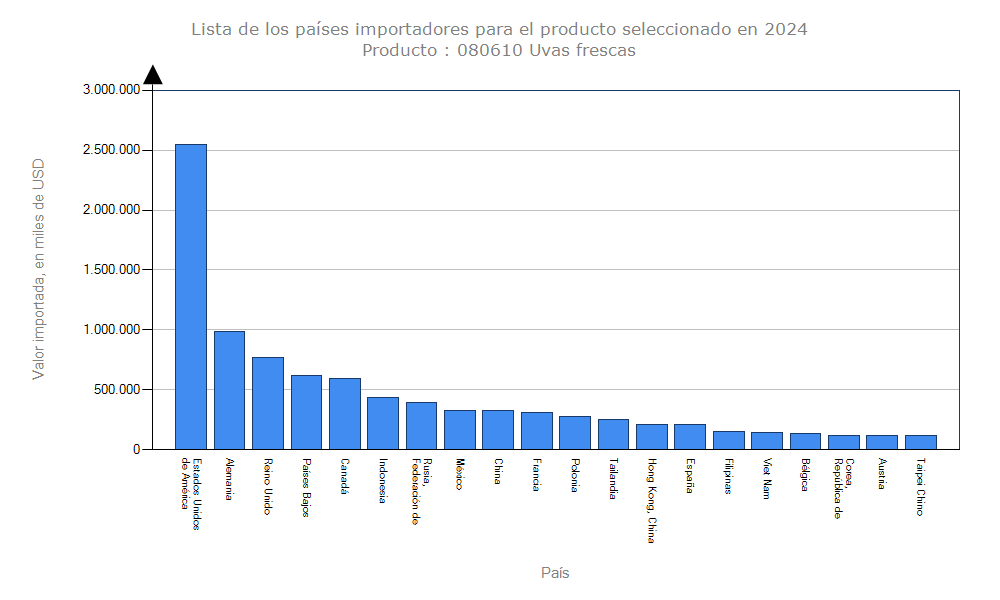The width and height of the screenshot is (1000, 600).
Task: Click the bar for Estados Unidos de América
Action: coord(191,297)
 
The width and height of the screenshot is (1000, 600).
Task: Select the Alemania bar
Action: coord(229,390)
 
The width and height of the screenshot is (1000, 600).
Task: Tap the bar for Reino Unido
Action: coord(267,403)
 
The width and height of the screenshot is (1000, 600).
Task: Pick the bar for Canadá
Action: coord(344,414)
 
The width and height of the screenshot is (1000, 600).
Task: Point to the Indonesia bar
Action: coord(382,423)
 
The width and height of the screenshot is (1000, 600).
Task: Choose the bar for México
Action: coord(459,430)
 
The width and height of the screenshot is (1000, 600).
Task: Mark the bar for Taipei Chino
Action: coord(920,442)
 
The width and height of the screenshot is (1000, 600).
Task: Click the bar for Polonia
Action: coord(574,433)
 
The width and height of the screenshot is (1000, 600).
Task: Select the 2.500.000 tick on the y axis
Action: coord(111,150)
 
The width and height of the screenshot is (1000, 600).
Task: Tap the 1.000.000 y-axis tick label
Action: coord(111,330)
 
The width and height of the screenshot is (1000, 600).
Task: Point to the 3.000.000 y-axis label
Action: coord(111,90)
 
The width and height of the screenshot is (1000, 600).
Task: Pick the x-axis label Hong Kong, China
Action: coord(651,500)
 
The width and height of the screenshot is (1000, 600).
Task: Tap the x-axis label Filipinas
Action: coord(728,477)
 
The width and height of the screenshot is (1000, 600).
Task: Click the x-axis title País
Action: coord(555,573)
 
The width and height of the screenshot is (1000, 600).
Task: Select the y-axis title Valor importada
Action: coord(39,268)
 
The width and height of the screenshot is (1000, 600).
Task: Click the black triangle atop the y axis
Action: coord(152,75)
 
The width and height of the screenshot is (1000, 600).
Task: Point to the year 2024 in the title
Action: coord(786,29)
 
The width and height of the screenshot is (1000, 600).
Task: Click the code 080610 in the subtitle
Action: coord(490,50)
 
